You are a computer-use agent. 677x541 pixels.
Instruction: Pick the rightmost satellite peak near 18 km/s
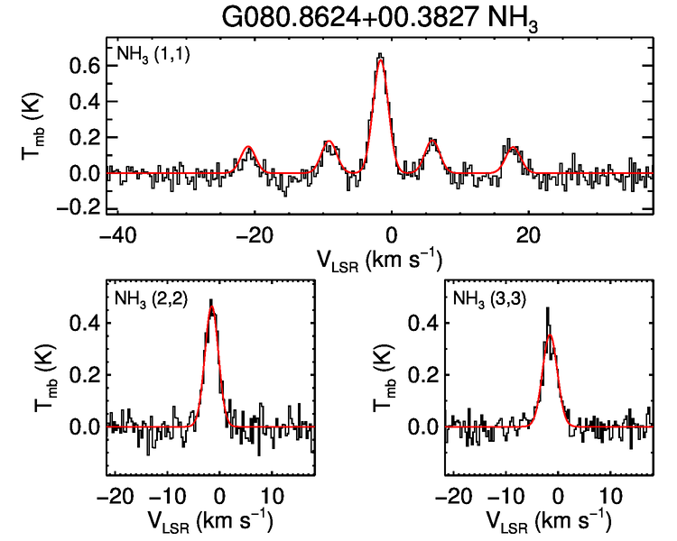point(514,148)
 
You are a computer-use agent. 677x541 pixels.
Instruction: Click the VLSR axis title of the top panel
point(379,259)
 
